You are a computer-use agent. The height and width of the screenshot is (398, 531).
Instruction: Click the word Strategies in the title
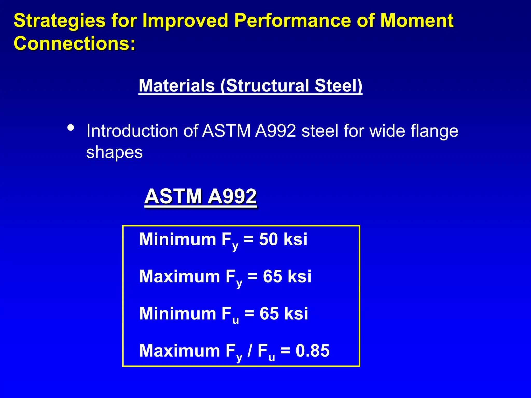coord(59,21)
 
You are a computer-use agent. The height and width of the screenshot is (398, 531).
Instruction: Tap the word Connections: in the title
coord(75,43)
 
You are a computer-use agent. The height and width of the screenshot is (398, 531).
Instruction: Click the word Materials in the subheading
coord(177,86)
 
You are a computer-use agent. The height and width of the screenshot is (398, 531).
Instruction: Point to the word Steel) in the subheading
coord(338,86)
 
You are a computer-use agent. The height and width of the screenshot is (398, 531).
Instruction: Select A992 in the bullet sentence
coord(275,131)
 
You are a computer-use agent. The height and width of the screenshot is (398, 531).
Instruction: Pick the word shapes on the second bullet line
coord(114,153)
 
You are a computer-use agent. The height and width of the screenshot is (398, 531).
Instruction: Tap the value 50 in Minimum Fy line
coord(268,239)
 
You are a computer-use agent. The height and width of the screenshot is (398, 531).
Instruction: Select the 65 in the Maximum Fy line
coord(272,276)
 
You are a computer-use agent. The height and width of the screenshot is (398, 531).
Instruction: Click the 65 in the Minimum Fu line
coord(269,314)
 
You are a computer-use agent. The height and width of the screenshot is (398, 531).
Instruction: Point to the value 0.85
coord(312,351)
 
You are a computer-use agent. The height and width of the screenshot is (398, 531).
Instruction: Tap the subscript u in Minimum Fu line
coord(235,320)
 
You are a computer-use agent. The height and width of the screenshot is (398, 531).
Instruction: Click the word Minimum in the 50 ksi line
coord(177,239)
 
